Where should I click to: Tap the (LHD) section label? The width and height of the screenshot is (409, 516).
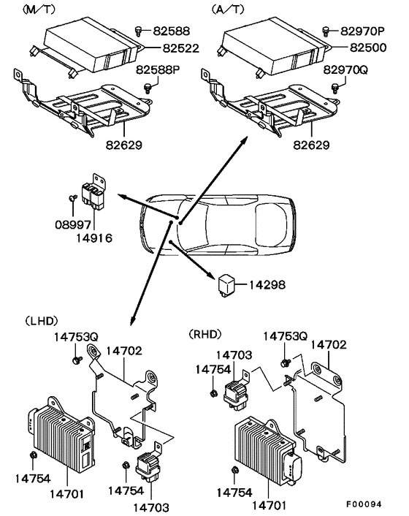tap(41, 320)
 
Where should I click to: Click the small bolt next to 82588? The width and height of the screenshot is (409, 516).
tap(139, 29)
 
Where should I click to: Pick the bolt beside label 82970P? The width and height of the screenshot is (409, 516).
tap(326, 30)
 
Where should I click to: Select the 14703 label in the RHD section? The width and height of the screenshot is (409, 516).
tap(234, 354)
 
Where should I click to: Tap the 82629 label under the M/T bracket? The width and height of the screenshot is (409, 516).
tap(124, 145)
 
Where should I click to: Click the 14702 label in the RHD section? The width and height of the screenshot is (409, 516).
tap(329, 344)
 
